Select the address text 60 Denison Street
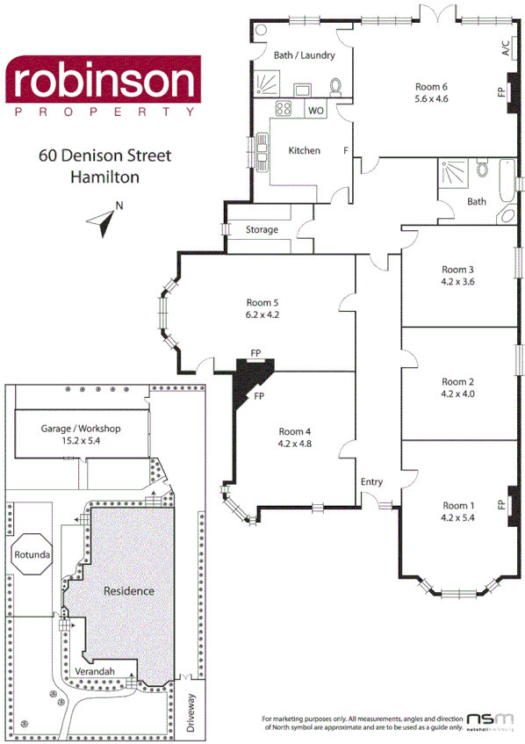tap(104, 156)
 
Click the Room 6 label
tap(431, 86)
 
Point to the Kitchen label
tap(305, 150)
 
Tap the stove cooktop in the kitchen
tap(284, 110)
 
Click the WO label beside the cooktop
tap(316, 111)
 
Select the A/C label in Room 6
tap(506, 49)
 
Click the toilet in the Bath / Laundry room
tap(335, 85)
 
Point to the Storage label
tap(262, 229)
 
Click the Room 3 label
tap(457, 270)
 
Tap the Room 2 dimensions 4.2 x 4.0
tap(457, 394)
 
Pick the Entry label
tap(371, 481)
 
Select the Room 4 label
tap(295, 430)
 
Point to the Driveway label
tap(192, 713)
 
